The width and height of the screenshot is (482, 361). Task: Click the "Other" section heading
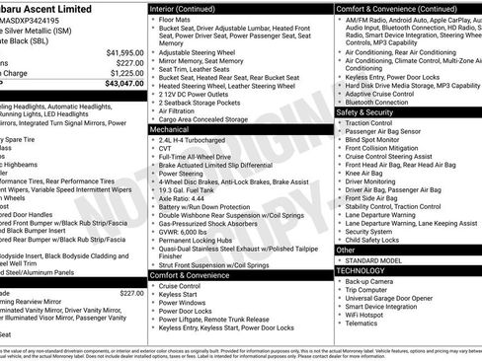pyautogui.click(x=347, y=251)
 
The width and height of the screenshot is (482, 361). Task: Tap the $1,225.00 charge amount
pyautogui.click(x=127, y=73)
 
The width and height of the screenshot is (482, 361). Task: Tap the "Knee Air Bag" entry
pyautogui.click(x=370, y=173)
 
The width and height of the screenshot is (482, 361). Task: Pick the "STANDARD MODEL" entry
pyautogui.click(x=376, y=260)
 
